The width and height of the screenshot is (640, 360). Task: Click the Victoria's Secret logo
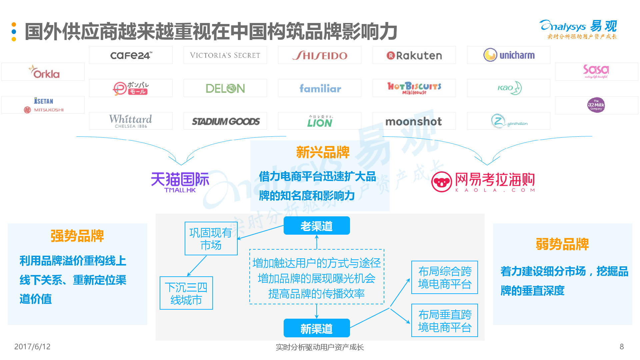click(x=225, y=55)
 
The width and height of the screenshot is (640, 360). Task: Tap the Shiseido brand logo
click(x=320, y=55)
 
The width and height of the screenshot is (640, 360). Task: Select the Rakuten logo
click(x=414, y=55)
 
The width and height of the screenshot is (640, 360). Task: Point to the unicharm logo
click(x=509, y=55)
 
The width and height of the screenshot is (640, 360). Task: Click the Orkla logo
click(x=44, y=72)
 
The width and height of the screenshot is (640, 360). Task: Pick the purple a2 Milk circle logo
click(x=596, y=105)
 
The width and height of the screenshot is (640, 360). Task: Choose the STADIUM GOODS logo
click(x=225, y=121)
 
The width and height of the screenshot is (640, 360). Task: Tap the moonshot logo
click(x=414, y=122)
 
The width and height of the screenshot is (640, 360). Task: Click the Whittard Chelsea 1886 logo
click(x=131, y=121)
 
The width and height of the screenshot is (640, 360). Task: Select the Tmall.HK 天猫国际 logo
click(x=180, y=182)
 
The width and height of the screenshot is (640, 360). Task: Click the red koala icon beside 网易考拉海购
click(x=441, y=182)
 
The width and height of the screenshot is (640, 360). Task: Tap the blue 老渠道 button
click(x=317, y=226)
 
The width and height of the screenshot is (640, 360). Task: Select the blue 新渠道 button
click(x=317, y=329)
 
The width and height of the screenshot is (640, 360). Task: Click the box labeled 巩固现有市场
click(x=211, y=239)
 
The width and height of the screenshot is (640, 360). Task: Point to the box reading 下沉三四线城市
click(x=186, y=293)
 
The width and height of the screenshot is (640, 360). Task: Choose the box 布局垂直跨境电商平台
click(x=445, y=321)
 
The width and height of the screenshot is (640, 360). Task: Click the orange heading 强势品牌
click(x=77, y=236)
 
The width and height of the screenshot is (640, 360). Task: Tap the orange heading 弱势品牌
click(x=562, y=244)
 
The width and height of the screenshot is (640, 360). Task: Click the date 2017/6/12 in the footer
click(x=32, y=347)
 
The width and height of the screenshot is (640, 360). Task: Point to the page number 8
click(x=622, y=347)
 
